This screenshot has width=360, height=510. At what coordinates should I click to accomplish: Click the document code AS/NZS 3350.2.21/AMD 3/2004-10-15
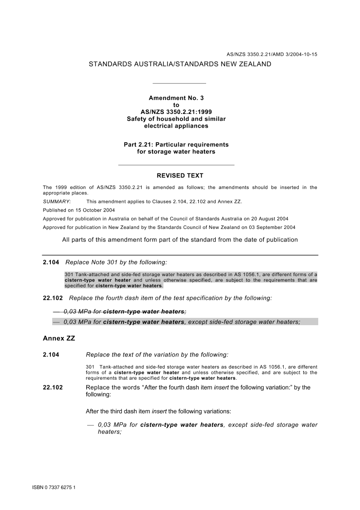coord(271,54)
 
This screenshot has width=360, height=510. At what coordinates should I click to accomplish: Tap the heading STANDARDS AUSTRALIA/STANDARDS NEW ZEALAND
coord(180,64)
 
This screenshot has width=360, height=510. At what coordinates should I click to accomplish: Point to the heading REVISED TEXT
coord(180,176)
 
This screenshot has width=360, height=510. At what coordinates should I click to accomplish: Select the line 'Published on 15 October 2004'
coord(79,210)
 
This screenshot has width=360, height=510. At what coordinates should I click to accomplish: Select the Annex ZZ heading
coord(59,338)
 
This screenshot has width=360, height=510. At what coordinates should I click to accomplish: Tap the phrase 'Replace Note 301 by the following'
coord(116,262)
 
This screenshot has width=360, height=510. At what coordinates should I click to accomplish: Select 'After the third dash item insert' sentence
coord(158,411)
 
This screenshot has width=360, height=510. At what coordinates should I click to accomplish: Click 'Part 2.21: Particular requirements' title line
coord(176,144)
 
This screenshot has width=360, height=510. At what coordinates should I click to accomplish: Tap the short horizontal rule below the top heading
coord(179,83)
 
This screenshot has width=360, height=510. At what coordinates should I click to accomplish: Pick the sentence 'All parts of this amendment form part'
coord(180,240)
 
